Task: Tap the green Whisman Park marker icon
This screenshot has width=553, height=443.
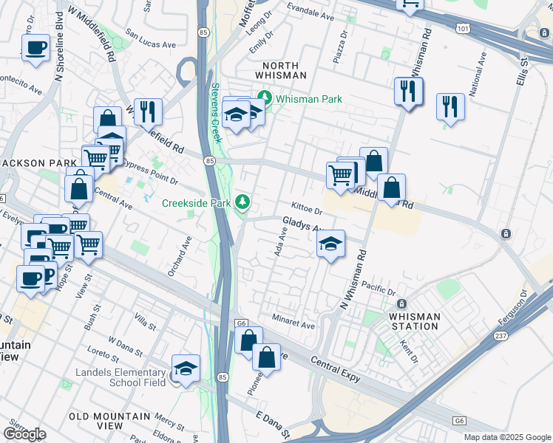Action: point(264,97)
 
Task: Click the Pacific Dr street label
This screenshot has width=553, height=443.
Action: point(381,289)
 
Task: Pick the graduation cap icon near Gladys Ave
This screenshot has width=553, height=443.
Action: point(331,244)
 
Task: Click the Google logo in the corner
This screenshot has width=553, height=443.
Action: point(24,434)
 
